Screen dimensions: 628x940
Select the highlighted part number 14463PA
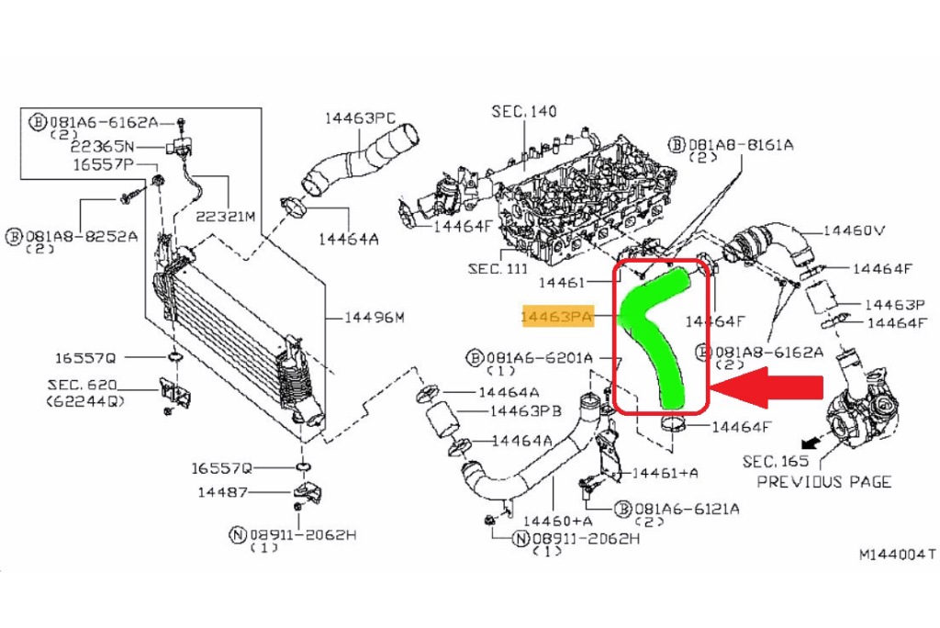coord(556,317)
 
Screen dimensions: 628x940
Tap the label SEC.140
coord(524,112)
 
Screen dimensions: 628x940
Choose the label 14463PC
coord(359,118)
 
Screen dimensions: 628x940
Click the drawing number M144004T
coord(897,555)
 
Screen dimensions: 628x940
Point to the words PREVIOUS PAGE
coord(823,481)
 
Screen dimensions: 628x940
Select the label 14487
coord(220,491)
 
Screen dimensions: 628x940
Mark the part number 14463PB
coord(525,411)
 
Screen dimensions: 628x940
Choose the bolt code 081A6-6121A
coord(686,508)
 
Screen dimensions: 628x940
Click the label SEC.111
coord(497,269)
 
